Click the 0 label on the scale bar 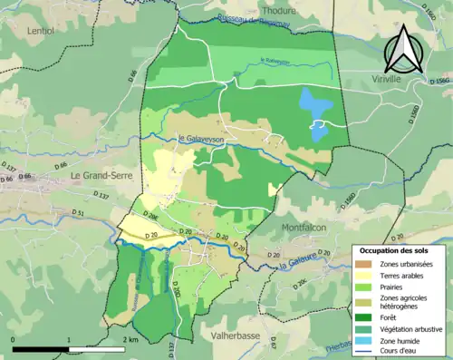click(14, 339)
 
